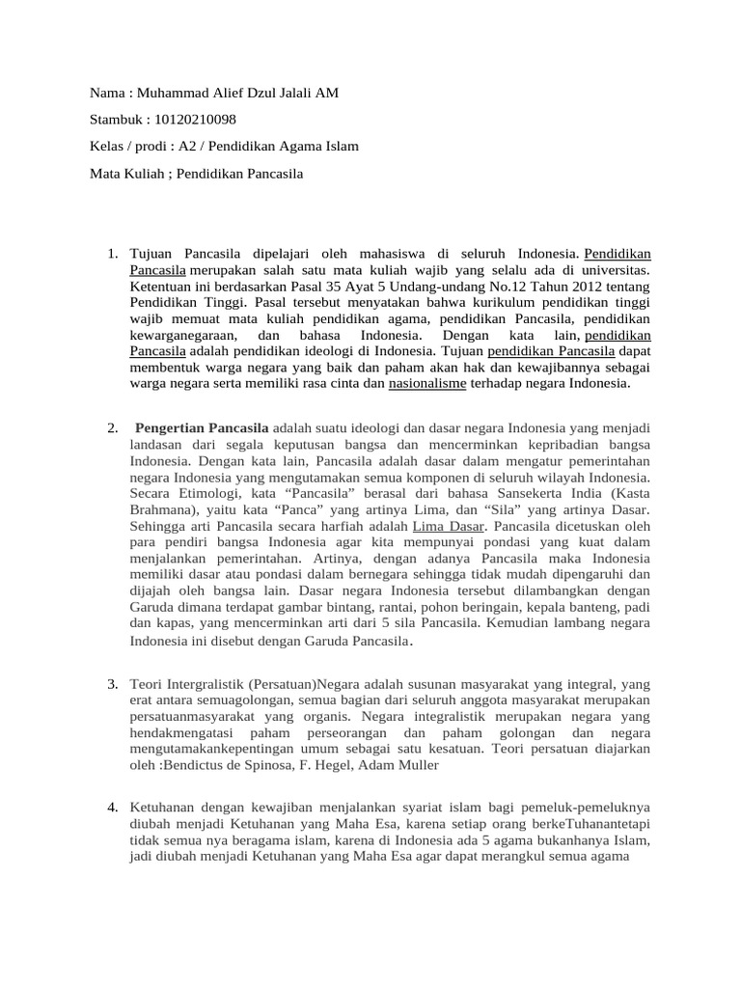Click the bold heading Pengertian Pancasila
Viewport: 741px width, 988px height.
point(203,427)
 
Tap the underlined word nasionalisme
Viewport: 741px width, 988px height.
point(427,383)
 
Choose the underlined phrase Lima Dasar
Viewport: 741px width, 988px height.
point(449,526)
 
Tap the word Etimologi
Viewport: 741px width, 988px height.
point(206,493)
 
